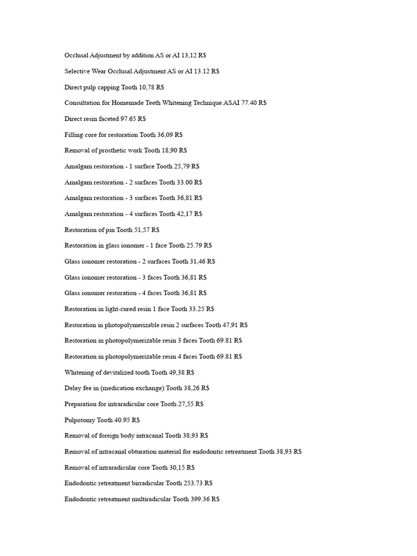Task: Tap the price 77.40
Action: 248,103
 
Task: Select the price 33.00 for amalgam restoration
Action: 186,182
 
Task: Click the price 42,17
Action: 186,214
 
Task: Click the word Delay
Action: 73,388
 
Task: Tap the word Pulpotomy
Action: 80,420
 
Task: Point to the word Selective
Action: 77,71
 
